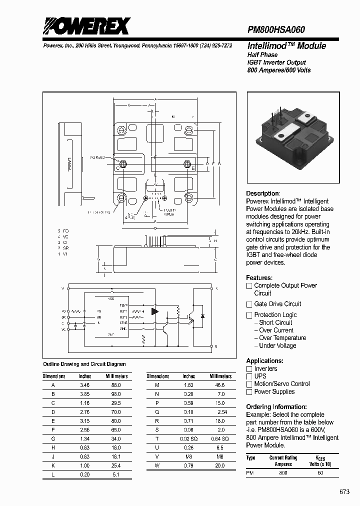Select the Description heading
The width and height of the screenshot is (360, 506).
tap(263, 193)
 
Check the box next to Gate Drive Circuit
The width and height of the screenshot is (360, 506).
tap(249, 304)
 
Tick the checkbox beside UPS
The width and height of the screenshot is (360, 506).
tap(249, 376)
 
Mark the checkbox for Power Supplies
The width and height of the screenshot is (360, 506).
tap(249, 392)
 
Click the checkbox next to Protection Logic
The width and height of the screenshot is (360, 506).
tap(249, 315)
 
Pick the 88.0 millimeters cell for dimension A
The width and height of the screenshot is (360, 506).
tap(115, 385)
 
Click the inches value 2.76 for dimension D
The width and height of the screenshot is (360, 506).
tap(85, 412)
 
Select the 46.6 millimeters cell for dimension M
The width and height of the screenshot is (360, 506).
tap(220, 385)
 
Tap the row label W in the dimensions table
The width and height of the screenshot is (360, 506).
tap(158, 466)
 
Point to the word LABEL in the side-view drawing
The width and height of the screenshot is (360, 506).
tap(68, 165)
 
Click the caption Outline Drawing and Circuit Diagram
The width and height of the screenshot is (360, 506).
tap(84, 364)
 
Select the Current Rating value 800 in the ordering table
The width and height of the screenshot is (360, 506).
tap(283, 472)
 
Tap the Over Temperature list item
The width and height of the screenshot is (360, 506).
tap(282, 338)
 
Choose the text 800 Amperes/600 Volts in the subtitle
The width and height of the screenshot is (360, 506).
tap(278, 70)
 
